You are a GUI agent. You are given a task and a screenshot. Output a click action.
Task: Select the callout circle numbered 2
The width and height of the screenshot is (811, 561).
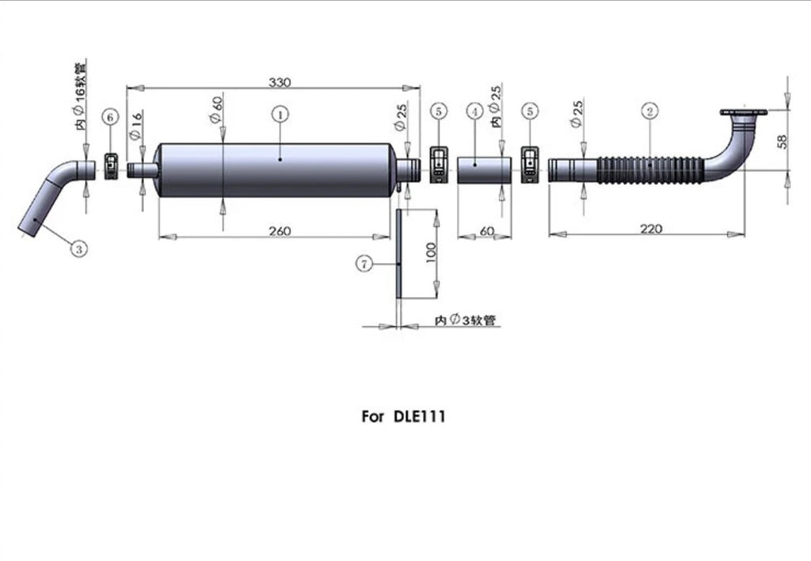pyautogui.click(x=649, y=112)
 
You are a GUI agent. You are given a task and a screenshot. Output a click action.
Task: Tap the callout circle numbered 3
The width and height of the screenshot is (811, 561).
pyautogui.click(x=78, y=249)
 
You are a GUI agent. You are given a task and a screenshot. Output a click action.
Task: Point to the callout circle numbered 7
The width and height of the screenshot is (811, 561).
pyautogui.click(x=363, y=264)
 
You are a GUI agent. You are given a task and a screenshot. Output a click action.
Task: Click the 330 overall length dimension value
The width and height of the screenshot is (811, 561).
pyautogui.click(x=280, y=82)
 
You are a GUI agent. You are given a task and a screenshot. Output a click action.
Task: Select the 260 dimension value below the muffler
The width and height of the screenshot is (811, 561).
pyautogui.click(x=280, y=231)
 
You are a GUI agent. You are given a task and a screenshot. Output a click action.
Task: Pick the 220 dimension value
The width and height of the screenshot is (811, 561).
pyautogui.click(x=651, y=229)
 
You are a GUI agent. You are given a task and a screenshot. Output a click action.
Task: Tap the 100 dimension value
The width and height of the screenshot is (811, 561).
pyautogui.click(x=431, y=253)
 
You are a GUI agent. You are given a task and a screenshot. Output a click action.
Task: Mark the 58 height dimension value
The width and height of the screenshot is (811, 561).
pyautogui.click(x=782, y=142)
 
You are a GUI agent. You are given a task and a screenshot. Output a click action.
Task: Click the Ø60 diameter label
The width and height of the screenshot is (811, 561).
pyautogui.click(x=217, y=108)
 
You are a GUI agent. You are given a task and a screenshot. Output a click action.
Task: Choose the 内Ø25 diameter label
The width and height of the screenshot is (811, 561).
pyautogui.click(x=495, y=105)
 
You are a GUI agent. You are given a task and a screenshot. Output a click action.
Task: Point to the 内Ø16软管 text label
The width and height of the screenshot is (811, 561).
pyautogui.click(x=82, y=94)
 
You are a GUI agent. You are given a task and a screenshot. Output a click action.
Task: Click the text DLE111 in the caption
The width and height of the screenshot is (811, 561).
pyautogui.click(x=419, y=417)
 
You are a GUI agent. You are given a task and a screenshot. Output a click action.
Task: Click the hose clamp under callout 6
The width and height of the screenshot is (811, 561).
pyautogui.click(x=112, y=166)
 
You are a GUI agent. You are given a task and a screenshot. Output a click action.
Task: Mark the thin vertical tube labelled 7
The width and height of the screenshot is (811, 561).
pyautogui.click(x=398, y=253)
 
